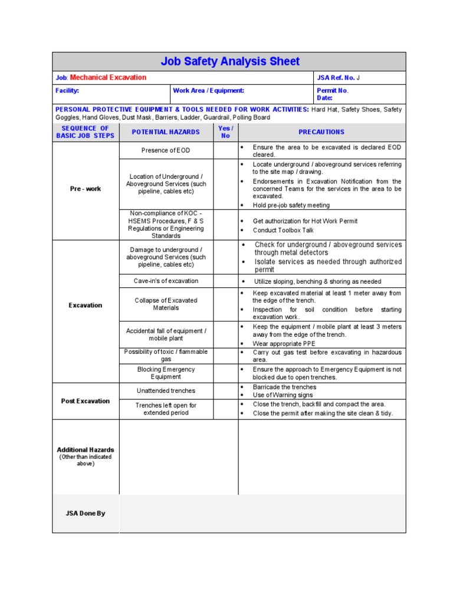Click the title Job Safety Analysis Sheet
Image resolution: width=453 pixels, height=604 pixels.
pos(229,61)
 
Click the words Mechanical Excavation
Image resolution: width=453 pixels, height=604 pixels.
pos(108,78)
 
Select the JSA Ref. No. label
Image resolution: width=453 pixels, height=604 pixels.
pos(336,78)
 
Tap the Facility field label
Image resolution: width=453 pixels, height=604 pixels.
pos(67,91)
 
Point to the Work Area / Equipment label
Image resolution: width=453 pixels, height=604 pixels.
pos(208,91)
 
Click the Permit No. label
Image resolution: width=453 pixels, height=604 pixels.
pos(333,91)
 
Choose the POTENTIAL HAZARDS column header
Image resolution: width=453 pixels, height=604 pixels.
pos(166,132)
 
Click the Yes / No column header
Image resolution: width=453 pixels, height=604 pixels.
pos(225,132)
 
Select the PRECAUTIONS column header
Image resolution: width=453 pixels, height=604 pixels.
pos(321,132)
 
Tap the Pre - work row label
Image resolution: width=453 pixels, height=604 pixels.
pos(86,189)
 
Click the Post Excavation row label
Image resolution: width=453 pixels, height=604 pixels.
pos(86,401)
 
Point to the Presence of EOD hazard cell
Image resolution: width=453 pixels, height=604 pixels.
pos(166,150)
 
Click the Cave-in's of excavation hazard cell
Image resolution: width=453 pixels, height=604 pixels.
pos(166,281)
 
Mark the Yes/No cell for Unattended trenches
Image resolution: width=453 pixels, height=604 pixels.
pos(225,390)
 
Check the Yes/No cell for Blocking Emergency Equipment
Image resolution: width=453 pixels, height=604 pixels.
pos(225,373)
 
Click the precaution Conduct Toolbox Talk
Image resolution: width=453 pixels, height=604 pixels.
pos(283,231)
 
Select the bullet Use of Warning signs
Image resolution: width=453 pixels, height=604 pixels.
pos(283,395)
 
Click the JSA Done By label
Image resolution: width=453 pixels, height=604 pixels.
pos(86,514)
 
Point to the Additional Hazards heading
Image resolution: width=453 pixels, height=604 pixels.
pos(86,450)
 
